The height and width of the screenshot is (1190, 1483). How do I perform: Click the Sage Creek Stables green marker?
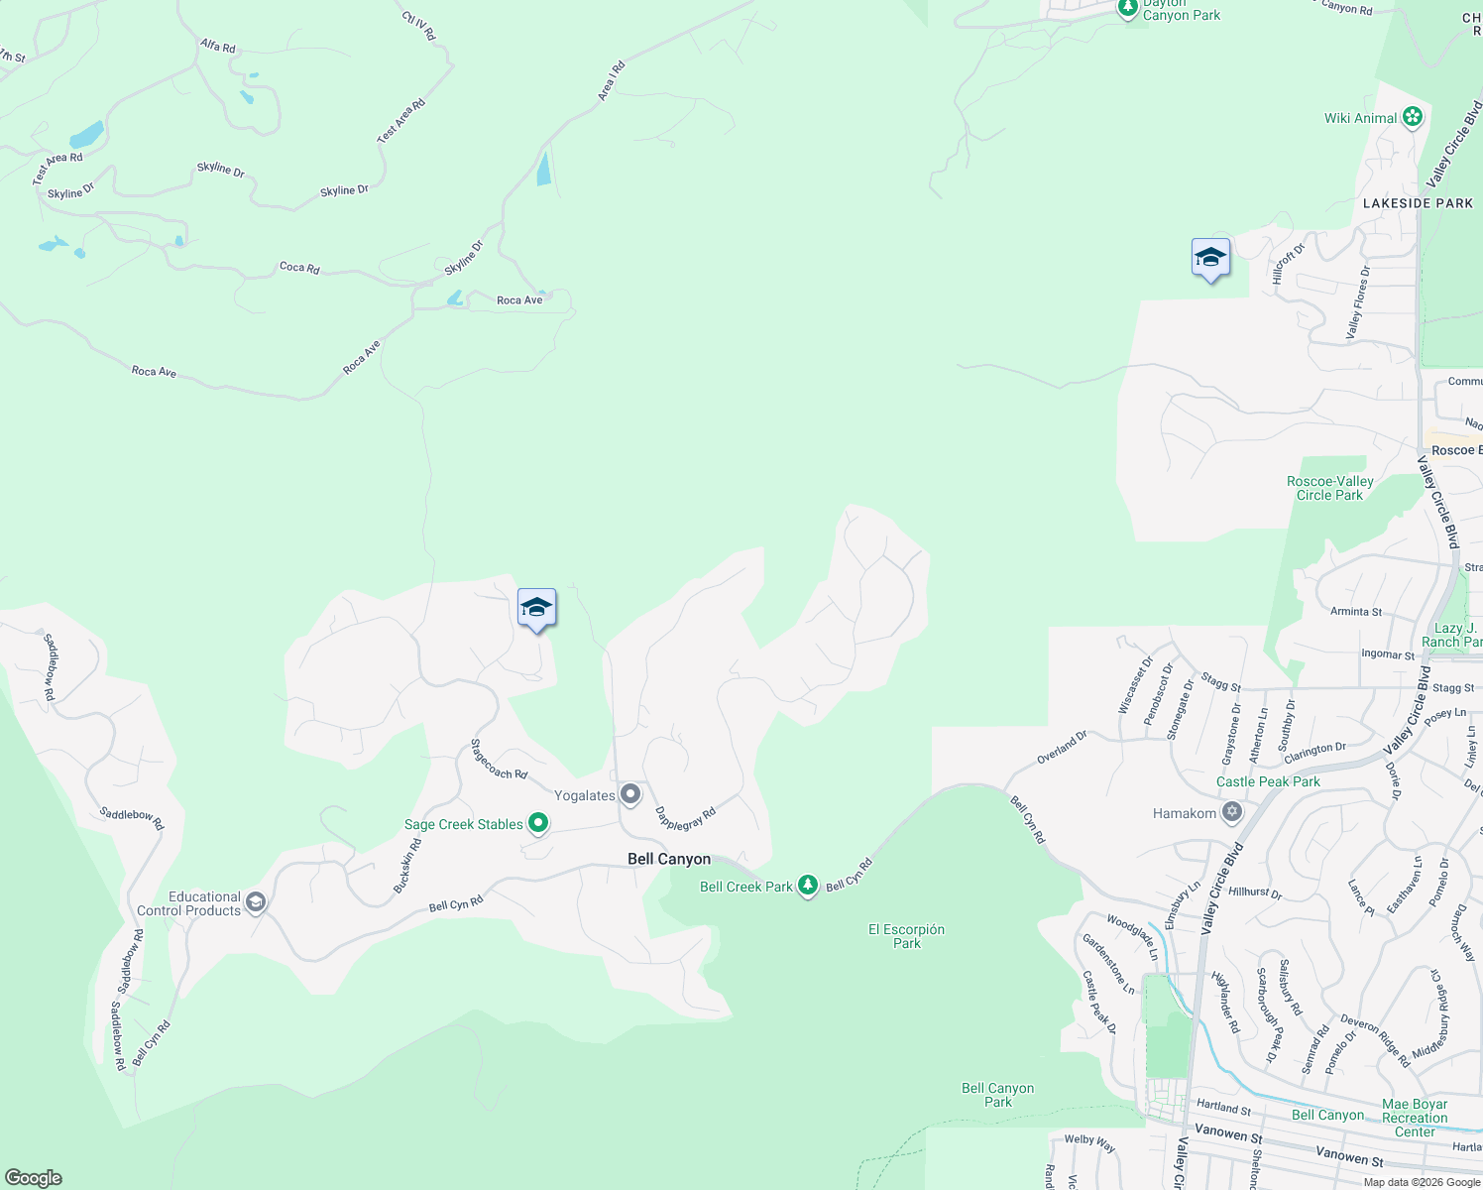[538, 823]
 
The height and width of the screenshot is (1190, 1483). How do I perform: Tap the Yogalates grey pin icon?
[630, 794]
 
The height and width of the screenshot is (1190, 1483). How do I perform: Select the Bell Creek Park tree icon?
[808, 886]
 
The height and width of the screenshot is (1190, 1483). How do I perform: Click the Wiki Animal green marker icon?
[1413, 118]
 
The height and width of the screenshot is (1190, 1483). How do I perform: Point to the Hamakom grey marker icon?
[1232, 813]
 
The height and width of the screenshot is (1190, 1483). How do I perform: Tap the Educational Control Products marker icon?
[256, 902]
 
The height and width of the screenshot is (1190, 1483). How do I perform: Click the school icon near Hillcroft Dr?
[1210, 258]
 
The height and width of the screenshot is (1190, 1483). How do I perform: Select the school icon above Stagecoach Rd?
[536, 608]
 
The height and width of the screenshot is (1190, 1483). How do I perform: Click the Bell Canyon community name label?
[669, 859]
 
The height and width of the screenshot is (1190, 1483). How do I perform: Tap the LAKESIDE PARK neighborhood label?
[1418, 203]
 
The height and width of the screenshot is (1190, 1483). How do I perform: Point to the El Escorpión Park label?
[906, 936]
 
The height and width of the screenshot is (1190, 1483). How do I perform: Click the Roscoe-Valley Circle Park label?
[1329, 488]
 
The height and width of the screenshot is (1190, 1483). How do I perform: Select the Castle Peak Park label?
[1268, 781]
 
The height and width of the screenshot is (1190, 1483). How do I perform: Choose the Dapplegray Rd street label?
[685, 819]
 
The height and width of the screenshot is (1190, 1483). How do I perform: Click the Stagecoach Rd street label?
[499, 760]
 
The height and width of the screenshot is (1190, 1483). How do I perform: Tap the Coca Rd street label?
[299, 267]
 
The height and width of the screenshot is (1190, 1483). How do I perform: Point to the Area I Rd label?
[611, 81]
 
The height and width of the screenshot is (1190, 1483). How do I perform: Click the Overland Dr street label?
[1062, 747]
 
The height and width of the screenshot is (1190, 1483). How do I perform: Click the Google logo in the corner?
[34, 1178]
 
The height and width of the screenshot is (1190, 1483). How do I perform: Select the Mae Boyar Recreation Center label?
[1415, 1118]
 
